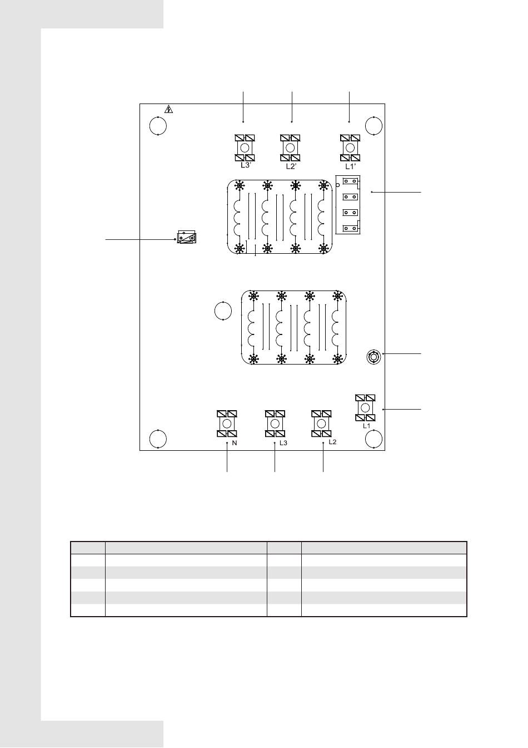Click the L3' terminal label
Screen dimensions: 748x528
246,165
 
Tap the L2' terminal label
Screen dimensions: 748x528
292,166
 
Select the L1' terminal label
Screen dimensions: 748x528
350,166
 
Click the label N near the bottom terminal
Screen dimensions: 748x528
235,444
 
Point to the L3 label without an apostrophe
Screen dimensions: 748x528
283,443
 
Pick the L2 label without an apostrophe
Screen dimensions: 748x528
332,442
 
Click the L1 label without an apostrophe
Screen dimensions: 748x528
367,426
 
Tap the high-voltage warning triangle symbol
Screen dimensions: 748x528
169,110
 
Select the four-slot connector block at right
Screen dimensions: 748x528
348,204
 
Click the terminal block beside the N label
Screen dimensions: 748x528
227,424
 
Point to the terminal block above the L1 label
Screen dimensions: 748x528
365,408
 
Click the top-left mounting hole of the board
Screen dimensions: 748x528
158,126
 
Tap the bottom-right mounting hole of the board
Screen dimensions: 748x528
373,439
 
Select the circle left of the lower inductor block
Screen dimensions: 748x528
222,311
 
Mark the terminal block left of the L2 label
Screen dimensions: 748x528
321,424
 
